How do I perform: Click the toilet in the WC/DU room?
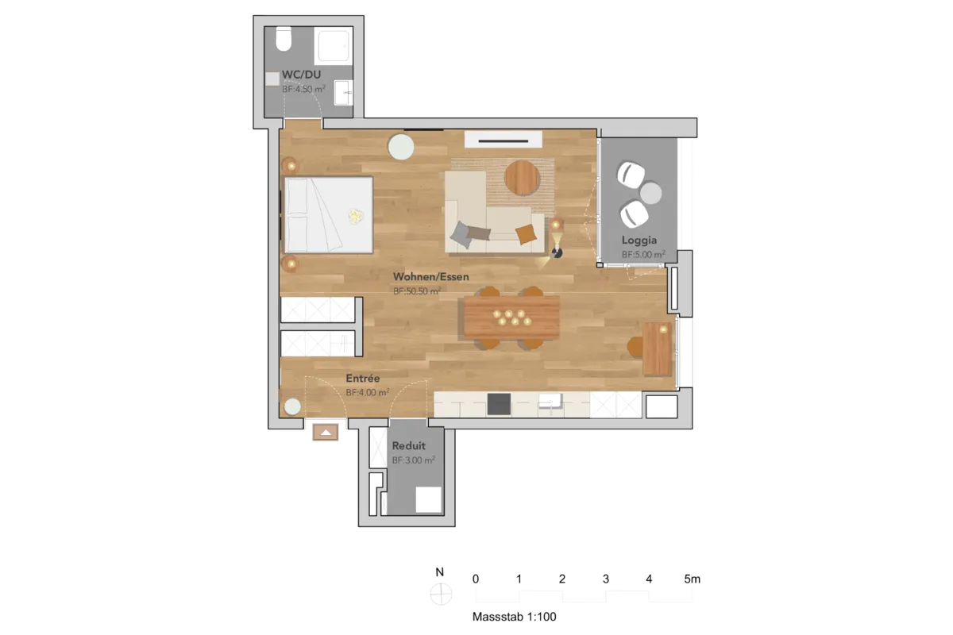(x=284, y=38)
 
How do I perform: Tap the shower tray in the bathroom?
(x=334, y=45)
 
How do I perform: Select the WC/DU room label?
(x=302, y=75)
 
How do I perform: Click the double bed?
(x=329, y=215)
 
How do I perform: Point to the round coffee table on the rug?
(x=523, y=178)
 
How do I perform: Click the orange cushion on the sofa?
(x=527, y=234)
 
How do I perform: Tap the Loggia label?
(x=639, y=241)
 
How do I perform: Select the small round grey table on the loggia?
(x=650, y=193)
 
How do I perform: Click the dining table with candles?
(x=511, y=317)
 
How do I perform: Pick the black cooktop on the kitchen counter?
(x=499, y=404)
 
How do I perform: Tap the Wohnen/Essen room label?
(x=431, y=277)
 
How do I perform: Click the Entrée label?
(x=363, y=378)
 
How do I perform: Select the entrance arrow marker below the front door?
(x=326, y=433)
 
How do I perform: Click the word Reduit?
(x=409, y=446)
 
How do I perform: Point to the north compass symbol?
(x=441, y=594)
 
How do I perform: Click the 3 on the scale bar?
(x=606, y=579)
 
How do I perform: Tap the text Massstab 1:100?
(x=515, y=617)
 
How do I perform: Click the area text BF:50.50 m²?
(x=417, y=291)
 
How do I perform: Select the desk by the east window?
(x=658, y=348)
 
